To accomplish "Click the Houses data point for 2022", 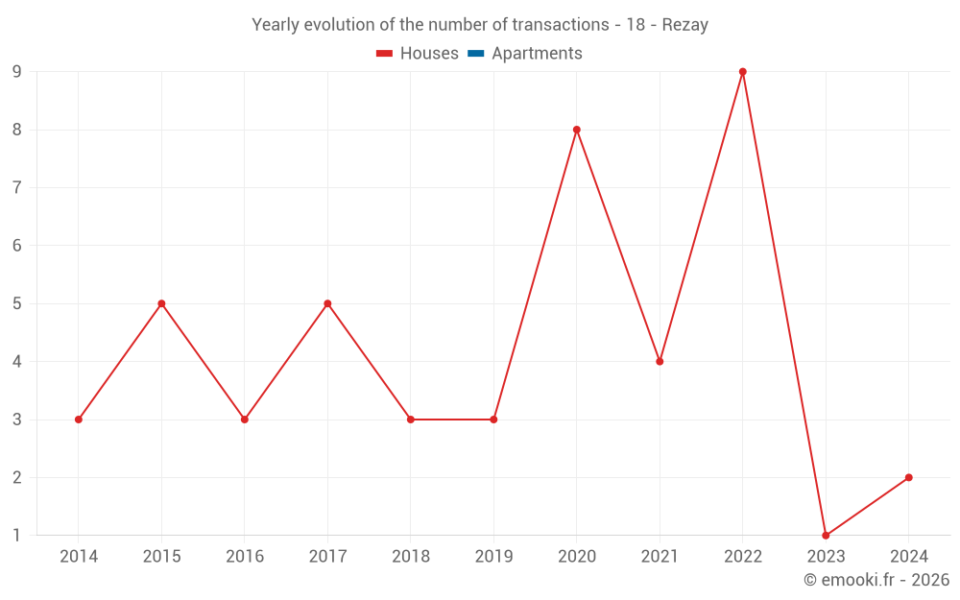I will click(x=743, y=72).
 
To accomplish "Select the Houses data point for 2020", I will click(x=577, y=130).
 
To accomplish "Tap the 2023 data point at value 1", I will click(x=826, y=535).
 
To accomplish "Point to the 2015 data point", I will click(x=161, y=303).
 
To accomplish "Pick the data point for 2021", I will click(x=660, y=361).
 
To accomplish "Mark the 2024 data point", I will click(x=908, y=477).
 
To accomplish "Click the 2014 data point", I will click(x=79, y=420).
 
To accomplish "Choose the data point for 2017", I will click(x=327, y=303).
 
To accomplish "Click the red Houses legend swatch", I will click(x=385, y=54).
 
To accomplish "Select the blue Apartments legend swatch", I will click(x=476, y=54).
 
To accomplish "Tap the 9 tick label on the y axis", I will click(x=16, y=72).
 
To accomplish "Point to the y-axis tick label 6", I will click(x=16, y=246).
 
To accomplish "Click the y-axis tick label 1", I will click(x=16, y=536).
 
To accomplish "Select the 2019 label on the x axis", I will click(x=493, y=557).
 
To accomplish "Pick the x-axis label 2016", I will click(x=245, y=557).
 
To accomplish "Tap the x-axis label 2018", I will click(x=411, y=557).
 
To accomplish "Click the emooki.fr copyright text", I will click(x=876, y=580).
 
